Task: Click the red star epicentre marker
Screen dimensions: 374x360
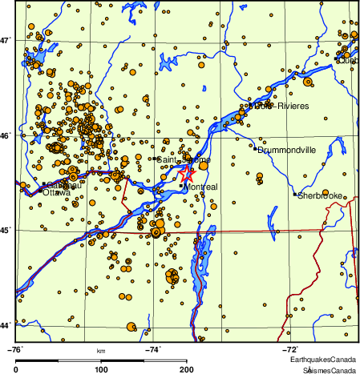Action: pyautogui.click(x=187, y=171)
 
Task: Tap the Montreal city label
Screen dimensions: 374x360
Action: pyautogui.click(x=201, y=187)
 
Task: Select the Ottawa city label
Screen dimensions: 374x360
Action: pyautogui.click(x=56, y=192)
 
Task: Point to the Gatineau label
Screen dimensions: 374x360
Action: pyautogui.click(x=63, y=185)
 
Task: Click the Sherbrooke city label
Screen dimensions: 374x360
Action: pyautogui.click(x=321, y=195)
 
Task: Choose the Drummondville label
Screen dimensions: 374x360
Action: pyautogui.click(x=286, y=150)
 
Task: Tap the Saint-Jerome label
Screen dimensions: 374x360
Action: pyautogui.click(x=184, y=160)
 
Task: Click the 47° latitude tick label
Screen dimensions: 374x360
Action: pyautogui.click(x=7, y=39)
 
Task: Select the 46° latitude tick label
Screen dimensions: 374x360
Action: pyautogui.click(x=7, y=135)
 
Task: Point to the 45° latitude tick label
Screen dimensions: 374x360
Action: pyautogui.click(x=7, y=231)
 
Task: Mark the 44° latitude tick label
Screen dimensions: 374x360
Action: pyautogui.click(x=7, y=325)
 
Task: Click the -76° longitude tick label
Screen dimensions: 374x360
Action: pyautogui.click(x=15, y=348)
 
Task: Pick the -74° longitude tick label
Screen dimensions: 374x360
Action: pyautogui.click(x=152, y=348)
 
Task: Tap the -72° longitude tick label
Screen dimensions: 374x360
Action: pyautogui.click(x=289, y=348)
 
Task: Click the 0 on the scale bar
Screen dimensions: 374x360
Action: pyautogui.click(x=17, y=369)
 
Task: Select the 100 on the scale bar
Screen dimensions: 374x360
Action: pyautogui.click(x=101, y=369)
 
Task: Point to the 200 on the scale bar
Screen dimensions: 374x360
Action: pyautogui.click(x=186, y=369)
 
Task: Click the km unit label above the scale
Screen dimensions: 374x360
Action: pyautogui.click(x=101, y=351)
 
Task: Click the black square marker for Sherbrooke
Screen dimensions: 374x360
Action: pyautogui.click(x=295, y=194)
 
